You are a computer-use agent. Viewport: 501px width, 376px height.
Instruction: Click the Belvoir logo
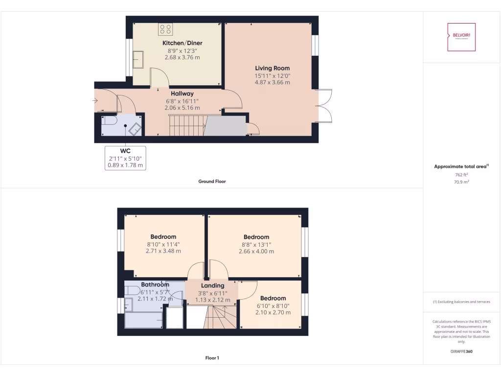click(461, 37)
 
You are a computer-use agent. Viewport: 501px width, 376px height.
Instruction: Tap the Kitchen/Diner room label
click(182, 43)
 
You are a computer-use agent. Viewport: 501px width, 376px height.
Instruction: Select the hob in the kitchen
click(165, 29)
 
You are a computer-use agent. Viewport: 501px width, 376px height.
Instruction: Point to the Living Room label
click(272, 68)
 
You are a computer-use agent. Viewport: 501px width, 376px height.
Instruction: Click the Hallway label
click(182, 94)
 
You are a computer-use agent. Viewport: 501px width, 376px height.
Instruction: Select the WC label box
click(126, 158)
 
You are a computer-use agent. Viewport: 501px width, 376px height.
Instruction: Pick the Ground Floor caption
click(212, 181)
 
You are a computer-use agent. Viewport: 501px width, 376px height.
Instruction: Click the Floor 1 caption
click(212, 358)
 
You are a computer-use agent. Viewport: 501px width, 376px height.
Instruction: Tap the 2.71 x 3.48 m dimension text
click(163, 251)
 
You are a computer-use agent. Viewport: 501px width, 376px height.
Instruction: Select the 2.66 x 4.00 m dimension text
click(256, 251)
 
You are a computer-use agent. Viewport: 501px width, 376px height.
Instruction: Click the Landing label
click(213, 285)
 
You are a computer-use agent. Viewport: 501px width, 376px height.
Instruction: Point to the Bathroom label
click(155, 284)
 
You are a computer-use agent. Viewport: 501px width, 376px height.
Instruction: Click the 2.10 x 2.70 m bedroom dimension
click(273, 312)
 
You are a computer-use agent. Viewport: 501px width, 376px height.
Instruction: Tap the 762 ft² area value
click(461, 174)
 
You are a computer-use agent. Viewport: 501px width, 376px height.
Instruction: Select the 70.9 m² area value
click(461, 181)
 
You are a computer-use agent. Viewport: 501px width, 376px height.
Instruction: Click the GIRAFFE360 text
click(461, 352)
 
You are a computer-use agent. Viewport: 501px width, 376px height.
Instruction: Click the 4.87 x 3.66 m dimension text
click(272, 82)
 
